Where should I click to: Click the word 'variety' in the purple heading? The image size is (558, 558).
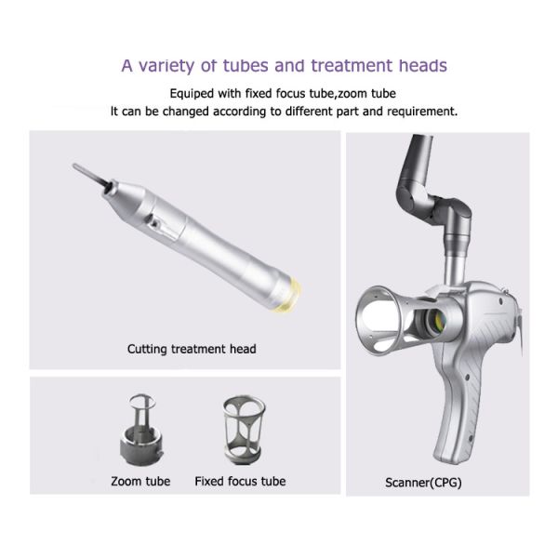click(x=166, y=66)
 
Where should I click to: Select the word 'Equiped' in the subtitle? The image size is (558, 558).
click(x=192, y=94)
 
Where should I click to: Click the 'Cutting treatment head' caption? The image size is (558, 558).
click(x=192, y=349)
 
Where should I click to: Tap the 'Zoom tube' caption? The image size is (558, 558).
click(x=140, y=482)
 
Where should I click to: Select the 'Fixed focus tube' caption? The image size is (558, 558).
click(x=240, y=482)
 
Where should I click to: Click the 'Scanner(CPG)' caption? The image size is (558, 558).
click(x=423, y=483)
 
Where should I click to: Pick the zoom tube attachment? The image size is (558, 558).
click(x=141, y=430)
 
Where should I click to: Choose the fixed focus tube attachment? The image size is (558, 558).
click(x=245, y=431)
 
